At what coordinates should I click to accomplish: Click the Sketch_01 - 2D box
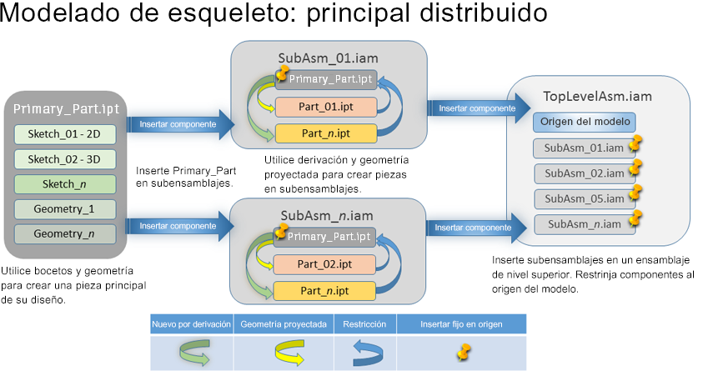click(64, 134)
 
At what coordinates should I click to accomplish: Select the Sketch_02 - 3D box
click(64, 158)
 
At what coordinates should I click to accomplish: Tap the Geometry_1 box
click(64, 208)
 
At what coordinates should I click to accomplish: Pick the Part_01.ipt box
click(326, 108)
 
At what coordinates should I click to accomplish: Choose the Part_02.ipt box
click(326, 264)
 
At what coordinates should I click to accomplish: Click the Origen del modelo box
click(585, 123)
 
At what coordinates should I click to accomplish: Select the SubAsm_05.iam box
click(585, 198)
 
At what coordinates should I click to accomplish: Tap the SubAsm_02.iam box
click(585, 173)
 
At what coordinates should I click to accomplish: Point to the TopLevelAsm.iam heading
click(598, 97)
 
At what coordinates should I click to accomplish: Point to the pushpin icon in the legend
click(461, 352)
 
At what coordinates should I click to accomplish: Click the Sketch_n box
click(64, 183)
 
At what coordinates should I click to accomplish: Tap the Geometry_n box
click(64, 233)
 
